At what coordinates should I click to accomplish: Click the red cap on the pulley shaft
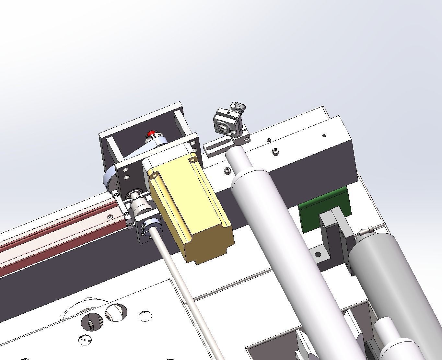click(x=151, y=134)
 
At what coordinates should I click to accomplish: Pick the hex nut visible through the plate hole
click(x=90, y=324)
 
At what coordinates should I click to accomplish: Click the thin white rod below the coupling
click(x=188, y=292)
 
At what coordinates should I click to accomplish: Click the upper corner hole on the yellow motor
click(x=193, y=160)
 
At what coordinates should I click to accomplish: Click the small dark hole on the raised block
click(x=324, y=135)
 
